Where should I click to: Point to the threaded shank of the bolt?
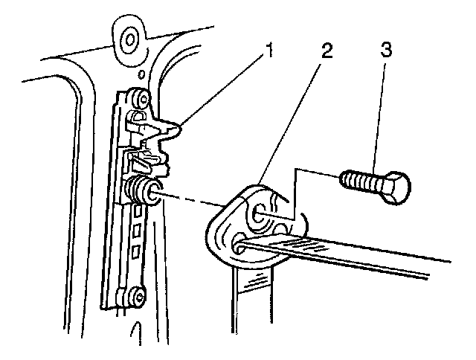pos(360,180)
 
